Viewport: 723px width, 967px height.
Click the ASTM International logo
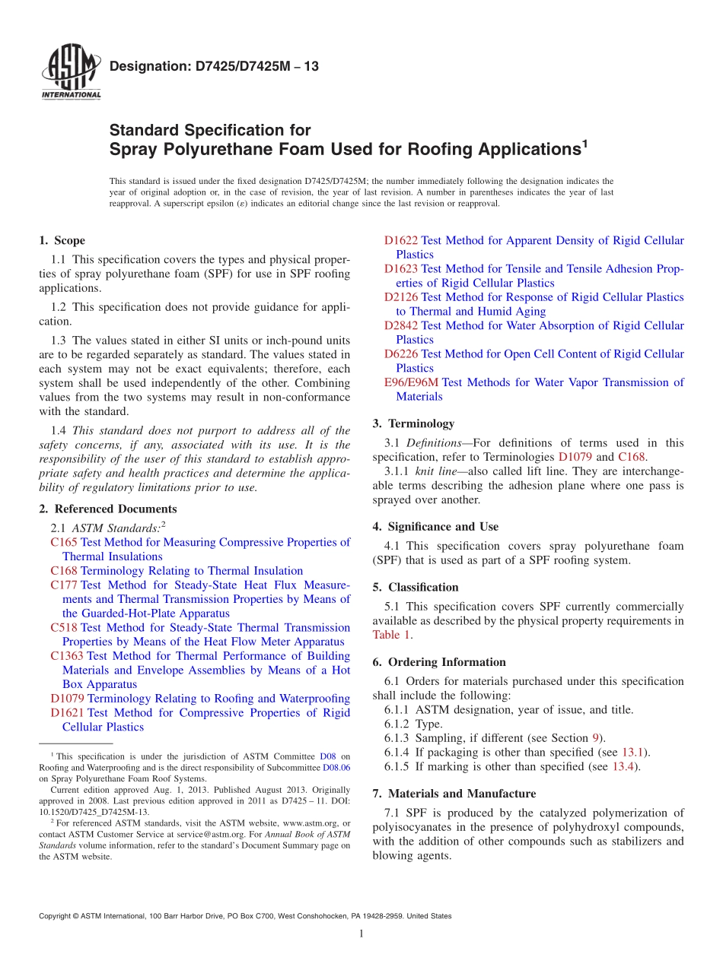pos(70,73)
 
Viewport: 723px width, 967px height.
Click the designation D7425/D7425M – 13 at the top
pos(214,67)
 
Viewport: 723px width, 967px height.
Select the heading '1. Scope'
pos(62,240)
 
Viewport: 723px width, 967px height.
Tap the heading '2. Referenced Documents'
pos(108,509)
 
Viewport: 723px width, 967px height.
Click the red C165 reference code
pos(63,542)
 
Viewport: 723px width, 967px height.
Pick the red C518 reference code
pos(63,627)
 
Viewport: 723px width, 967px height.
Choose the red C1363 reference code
pos(66,655)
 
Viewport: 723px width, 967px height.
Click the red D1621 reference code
pos(67,712)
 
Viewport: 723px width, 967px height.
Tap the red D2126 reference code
pos(400,297)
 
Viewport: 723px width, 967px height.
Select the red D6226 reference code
pos(400,354)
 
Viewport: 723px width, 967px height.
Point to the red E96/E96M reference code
pos(411,382)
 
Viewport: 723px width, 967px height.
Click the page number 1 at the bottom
pos(361,934)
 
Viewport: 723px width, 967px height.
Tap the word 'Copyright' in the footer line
pos(56,916)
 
